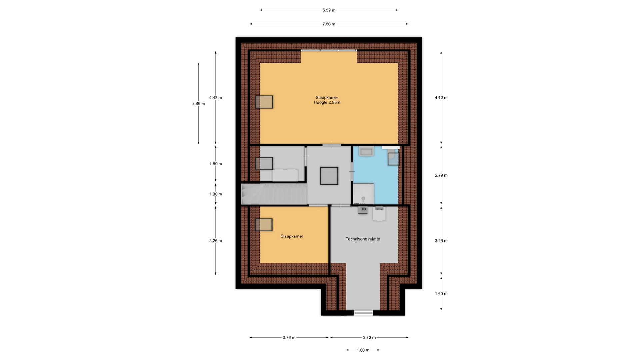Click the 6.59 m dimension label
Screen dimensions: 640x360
(x=329, y=10)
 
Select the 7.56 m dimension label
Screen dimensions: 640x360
(x=329, y=24)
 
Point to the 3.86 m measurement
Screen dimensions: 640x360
(x=198, y=104)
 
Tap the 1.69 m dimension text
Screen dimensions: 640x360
(x=216, y=164)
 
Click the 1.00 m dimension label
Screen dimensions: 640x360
(x=216, y=194)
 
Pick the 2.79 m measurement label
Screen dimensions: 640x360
(x=441, y=175)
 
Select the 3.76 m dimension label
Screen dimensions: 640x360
(x=289, y=338)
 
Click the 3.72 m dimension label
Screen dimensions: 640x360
(x=369, y=338)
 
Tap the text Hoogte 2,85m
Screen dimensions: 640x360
(x=327, y=102)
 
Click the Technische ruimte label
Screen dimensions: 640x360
(x=363, y=239)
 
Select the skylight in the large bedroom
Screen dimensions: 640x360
(x=264, y=102)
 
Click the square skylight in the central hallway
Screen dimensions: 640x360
(x=329, y=176)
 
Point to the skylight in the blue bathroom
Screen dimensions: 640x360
(x=393, y=159)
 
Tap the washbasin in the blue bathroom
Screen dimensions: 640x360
(x=366, y=152)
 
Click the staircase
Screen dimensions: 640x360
(x=274, y=194)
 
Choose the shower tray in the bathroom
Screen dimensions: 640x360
(x=363, y=193)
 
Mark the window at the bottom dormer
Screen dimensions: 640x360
(x=363, y=313)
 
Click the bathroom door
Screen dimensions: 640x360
(x=352, y=172)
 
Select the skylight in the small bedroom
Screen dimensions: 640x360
(x=264, y=225)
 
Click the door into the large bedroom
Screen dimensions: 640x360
(x=332, y=145)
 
